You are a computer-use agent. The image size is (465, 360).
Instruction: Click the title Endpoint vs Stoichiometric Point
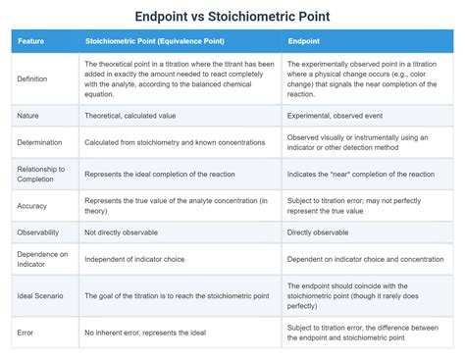(232, 16)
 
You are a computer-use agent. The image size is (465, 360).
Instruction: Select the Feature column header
(31, 41)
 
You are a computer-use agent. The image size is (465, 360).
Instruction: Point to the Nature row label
(28, 116)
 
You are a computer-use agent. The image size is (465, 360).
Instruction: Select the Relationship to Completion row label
(41, 174)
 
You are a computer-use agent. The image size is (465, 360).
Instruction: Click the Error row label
(26, 333)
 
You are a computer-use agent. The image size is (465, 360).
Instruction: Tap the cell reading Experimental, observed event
(336, 116)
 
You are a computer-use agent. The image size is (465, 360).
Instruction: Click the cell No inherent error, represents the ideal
(146, 333)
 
